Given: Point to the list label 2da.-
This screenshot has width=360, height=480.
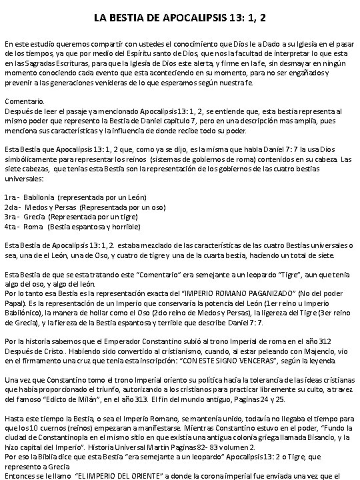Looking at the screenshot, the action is [x=12, y=207].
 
